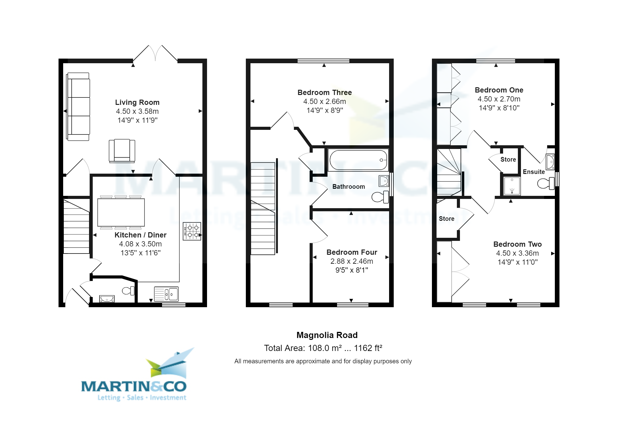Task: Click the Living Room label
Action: coord(137,102)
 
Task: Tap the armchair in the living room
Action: coord(122,150)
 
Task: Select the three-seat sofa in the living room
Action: coord(78,107)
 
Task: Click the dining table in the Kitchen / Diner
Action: coord(121,213)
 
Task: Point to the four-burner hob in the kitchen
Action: coord(192,231)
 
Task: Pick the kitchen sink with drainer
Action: coord(166,294)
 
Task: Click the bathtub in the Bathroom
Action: coord(358,160)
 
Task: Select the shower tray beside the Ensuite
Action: coord(512,186)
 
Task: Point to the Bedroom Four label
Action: coord(352,252)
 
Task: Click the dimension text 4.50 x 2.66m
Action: coord(324,101)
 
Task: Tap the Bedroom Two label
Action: coord(517,244)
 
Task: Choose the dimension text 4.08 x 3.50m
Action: coord(140,244)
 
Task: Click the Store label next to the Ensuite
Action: coord(508,159)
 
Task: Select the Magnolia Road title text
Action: coord(327,335)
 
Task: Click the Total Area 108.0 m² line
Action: coord(323,348)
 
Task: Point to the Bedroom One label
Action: coord(499,90)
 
